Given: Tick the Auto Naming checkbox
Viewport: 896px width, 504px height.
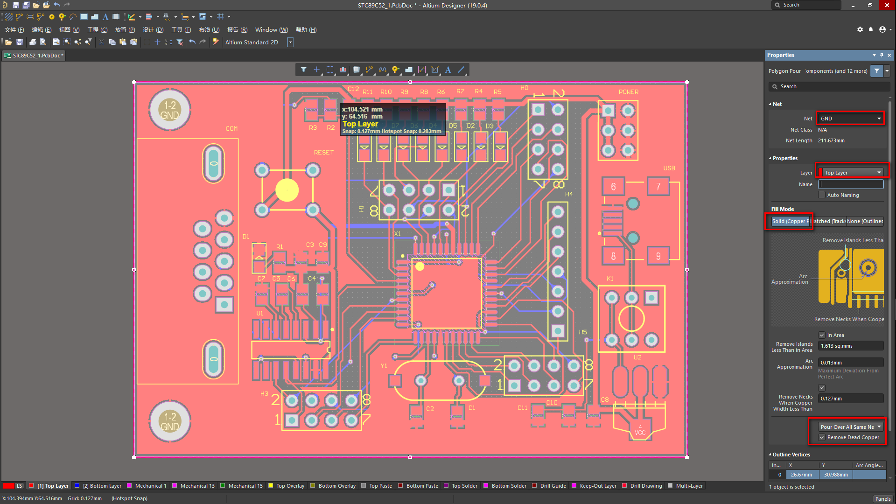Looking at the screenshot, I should pos(822,195).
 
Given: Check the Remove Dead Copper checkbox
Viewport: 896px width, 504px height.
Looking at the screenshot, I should pos(822,437).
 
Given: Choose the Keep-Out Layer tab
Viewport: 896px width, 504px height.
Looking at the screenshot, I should pos(598,486).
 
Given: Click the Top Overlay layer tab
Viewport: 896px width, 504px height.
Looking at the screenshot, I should pos(290,486).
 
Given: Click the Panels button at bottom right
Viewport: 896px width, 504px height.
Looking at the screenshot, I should pos(882,499).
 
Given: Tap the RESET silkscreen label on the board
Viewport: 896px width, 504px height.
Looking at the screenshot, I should pos(323,153).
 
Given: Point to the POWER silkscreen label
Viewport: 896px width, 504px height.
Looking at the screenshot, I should pos(628,92).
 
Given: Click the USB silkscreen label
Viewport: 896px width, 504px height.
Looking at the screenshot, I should pos(669,168).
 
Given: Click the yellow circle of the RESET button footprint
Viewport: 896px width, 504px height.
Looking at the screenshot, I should pos(287,190).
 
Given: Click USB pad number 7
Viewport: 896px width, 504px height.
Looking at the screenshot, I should pos(658,187).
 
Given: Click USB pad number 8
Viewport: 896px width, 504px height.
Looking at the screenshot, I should pos(613,256).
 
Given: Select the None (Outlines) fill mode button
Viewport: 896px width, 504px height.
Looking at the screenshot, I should pos(865,221).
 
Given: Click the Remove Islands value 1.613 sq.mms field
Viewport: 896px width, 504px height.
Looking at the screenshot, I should pos(850,346).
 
